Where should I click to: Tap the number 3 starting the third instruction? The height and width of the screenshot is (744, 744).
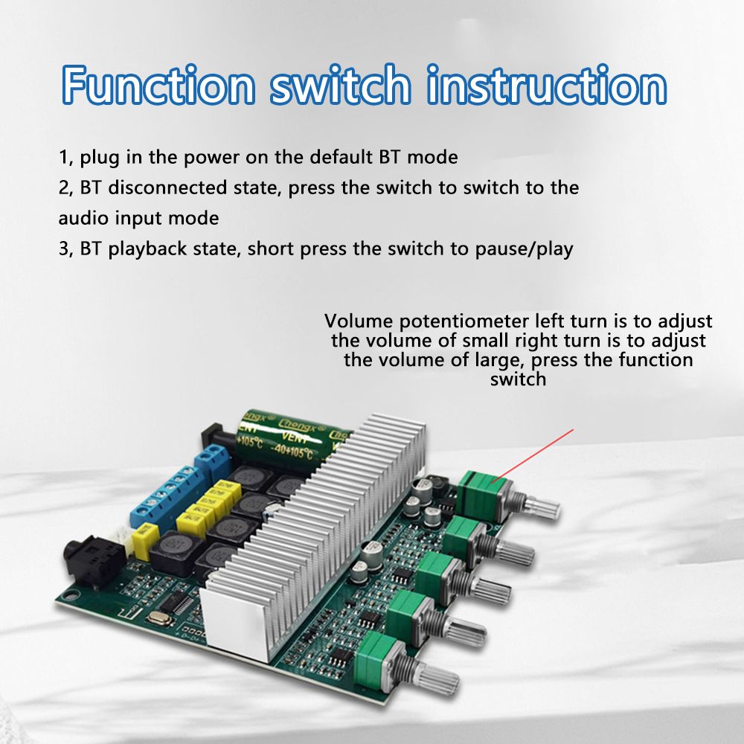coord(64,248)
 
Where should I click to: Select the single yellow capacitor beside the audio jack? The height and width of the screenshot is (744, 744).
coord(142,538)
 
